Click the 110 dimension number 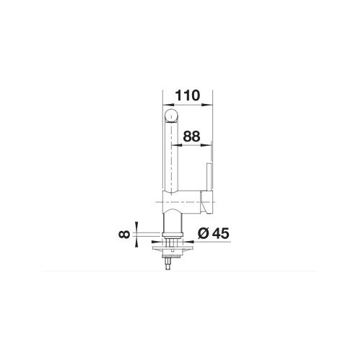click(x=188, y=95)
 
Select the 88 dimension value click(x=191, y=136)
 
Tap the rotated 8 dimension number click(x=124, y=234)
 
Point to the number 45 click(x=220, y=233)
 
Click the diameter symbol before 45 click(x=204, y=233)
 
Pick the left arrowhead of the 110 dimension click(x=168, y=105)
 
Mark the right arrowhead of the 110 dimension click(x=207, y=105)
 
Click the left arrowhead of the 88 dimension click(x=176, y=145)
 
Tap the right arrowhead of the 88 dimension click(x=206, y=145)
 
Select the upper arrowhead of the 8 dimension click(x=136, y=227)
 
